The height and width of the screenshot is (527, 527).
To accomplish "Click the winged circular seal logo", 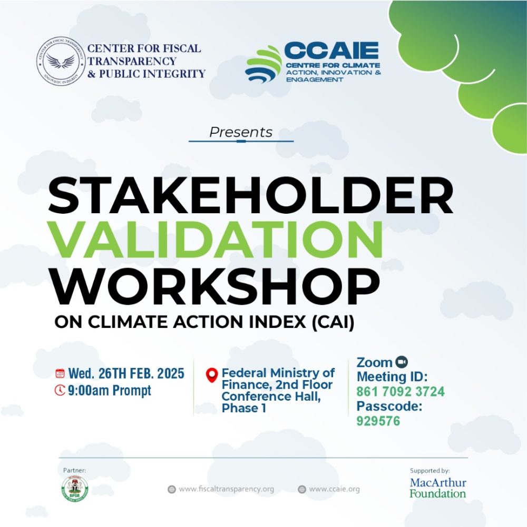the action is [x=61, y=61].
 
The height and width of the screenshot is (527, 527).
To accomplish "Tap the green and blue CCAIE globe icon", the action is [x=263, y=64].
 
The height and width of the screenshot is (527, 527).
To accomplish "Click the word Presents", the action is [x=241, y=132].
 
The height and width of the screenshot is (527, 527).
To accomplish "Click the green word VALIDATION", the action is [x=214, y=240].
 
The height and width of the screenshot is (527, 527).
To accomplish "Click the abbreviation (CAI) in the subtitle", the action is [x=333, y=322].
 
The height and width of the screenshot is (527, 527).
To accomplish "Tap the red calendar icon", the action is [x=60, y=373].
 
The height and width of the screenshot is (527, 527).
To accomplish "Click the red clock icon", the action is [x=60, y=390].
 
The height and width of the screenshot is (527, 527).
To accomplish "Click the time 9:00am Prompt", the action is [x=110, y=391].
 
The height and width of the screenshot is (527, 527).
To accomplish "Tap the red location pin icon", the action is [x=212, y=375].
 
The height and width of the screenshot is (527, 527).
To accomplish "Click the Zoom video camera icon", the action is [x=401, y=362].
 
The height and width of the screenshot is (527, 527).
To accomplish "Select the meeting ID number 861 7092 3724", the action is [x=401, y=392].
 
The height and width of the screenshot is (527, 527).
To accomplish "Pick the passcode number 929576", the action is [x=378, y=421].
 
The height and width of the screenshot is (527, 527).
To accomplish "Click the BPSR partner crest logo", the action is [x=75, y=489].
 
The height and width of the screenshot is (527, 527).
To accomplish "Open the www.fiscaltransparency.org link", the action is [x=226, y=489].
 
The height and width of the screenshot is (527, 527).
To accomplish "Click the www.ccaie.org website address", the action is [x=334, y=489].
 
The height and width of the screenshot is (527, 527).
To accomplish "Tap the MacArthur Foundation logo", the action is [x=438, y=488].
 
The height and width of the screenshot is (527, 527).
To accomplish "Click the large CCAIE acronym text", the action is [x=331, y=51].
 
